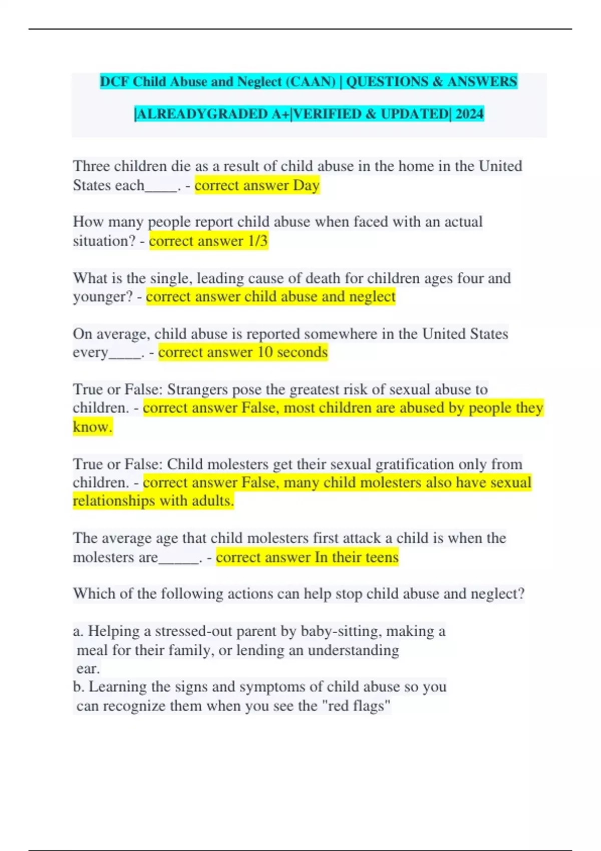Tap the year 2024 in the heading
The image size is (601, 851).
pos(470,114)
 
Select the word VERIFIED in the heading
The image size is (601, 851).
pos(328,114)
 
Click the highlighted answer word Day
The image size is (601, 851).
pos(306,186)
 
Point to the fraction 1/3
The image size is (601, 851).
pos(258,241)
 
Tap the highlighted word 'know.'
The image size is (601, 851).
pos(93,427)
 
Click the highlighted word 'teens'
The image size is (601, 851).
pos(382,557)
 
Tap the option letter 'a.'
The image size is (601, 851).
pos(78,631)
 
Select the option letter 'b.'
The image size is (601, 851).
pos(79,687)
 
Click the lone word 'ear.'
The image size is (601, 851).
pos(88,669)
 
